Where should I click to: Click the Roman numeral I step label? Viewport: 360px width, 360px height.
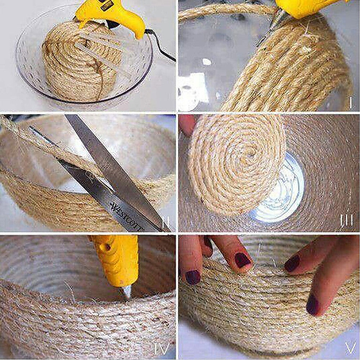[350, 103]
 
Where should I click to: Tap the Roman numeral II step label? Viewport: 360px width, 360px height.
[166, 224]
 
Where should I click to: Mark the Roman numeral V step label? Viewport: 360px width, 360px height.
[350, 348]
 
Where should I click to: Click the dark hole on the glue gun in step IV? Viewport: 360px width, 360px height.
[107, 247]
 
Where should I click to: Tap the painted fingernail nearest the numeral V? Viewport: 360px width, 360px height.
[312, 305]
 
